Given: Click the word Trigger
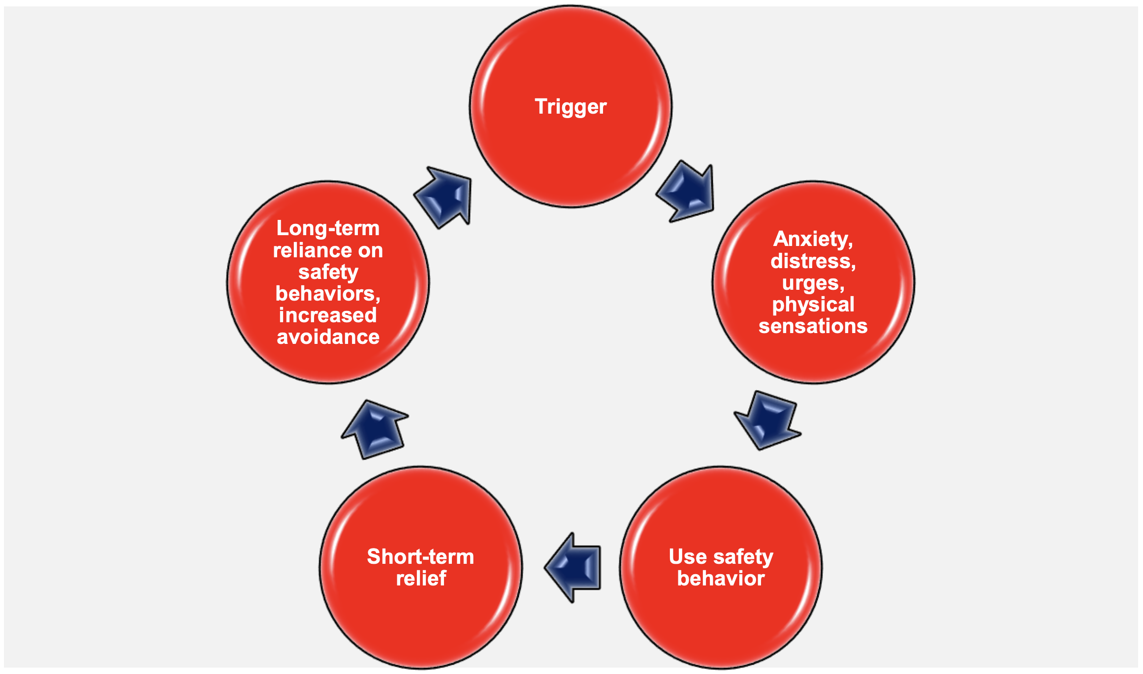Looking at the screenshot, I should [571, 107].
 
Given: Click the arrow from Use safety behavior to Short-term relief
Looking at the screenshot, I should [574, 567].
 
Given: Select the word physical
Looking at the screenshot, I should [813, 305].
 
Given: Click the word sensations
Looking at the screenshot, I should [813, 326].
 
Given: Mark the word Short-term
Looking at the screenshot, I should [420, 556].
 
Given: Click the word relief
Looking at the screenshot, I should [421, 579].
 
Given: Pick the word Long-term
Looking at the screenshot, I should [328, 228].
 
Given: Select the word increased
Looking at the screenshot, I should [328, 315].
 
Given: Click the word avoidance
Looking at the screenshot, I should [328, 337].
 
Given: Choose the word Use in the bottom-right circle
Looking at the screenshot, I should [687, 556].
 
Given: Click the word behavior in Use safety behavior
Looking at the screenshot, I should [721, 579].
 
